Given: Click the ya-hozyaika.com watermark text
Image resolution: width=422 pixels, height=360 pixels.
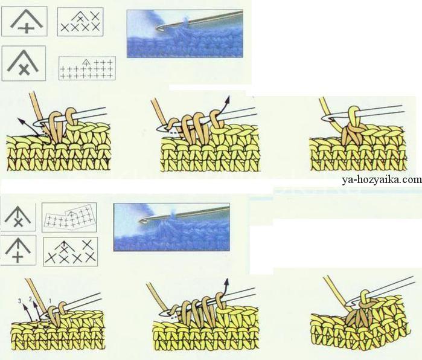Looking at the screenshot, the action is click(x=382, y=180).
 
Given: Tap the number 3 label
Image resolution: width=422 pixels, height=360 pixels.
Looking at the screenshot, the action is click(x=20, y=301).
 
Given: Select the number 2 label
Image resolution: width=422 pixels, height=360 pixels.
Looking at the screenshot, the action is click(x=30, y=299).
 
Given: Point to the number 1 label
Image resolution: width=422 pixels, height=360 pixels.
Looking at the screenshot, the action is click(x=50, y=300).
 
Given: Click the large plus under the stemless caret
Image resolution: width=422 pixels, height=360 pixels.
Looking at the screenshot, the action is click(x=27, y=28).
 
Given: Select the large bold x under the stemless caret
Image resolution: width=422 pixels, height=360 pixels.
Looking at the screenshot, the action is click(x=24, y=69).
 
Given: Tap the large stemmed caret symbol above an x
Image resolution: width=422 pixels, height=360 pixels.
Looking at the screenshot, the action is click(x=18, y=216).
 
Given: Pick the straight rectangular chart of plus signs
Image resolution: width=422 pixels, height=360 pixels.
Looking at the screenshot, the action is click(x=87, y=68).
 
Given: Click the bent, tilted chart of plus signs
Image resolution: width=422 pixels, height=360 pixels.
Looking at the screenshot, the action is click(x=69, y=217).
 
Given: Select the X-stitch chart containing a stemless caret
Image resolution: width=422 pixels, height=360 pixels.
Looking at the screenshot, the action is click(x=80, y=22).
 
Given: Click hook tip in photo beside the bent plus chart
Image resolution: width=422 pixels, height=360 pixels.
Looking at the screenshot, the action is click(x=141, y=221).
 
